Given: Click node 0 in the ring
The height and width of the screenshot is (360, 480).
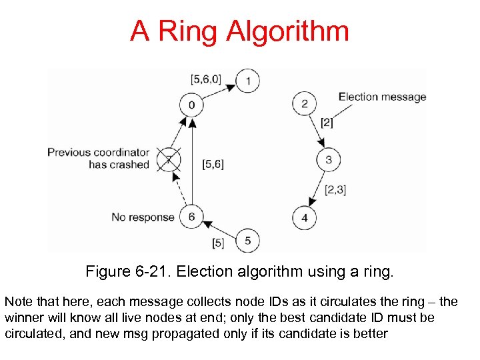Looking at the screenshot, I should (191, 104).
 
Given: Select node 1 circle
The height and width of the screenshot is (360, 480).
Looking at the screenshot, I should (249, 81).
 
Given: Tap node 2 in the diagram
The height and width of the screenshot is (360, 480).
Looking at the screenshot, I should (304, 103).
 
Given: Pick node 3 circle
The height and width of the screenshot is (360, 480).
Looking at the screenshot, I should (329, 160).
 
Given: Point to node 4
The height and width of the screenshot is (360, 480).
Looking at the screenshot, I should (304, 217).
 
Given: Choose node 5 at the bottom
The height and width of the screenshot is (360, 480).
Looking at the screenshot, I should (248, 240).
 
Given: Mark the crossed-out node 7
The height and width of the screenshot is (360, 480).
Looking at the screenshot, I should (169, 159).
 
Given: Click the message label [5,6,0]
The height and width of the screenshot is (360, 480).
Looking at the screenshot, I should (205, 79).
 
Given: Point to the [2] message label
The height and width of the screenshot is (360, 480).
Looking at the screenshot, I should (327, 122).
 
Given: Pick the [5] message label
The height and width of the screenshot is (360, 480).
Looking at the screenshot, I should (217, 242).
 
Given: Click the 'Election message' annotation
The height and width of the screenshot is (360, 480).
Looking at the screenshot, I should (382, 97).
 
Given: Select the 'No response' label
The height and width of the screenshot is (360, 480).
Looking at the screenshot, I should (143, 217).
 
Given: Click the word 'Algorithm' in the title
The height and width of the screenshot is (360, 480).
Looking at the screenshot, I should (287, 31).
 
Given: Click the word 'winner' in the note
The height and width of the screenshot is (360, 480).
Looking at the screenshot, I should (25, 317).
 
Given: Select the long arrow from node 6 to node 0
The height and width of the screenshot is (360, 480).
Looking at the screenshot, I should (191, 160).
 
